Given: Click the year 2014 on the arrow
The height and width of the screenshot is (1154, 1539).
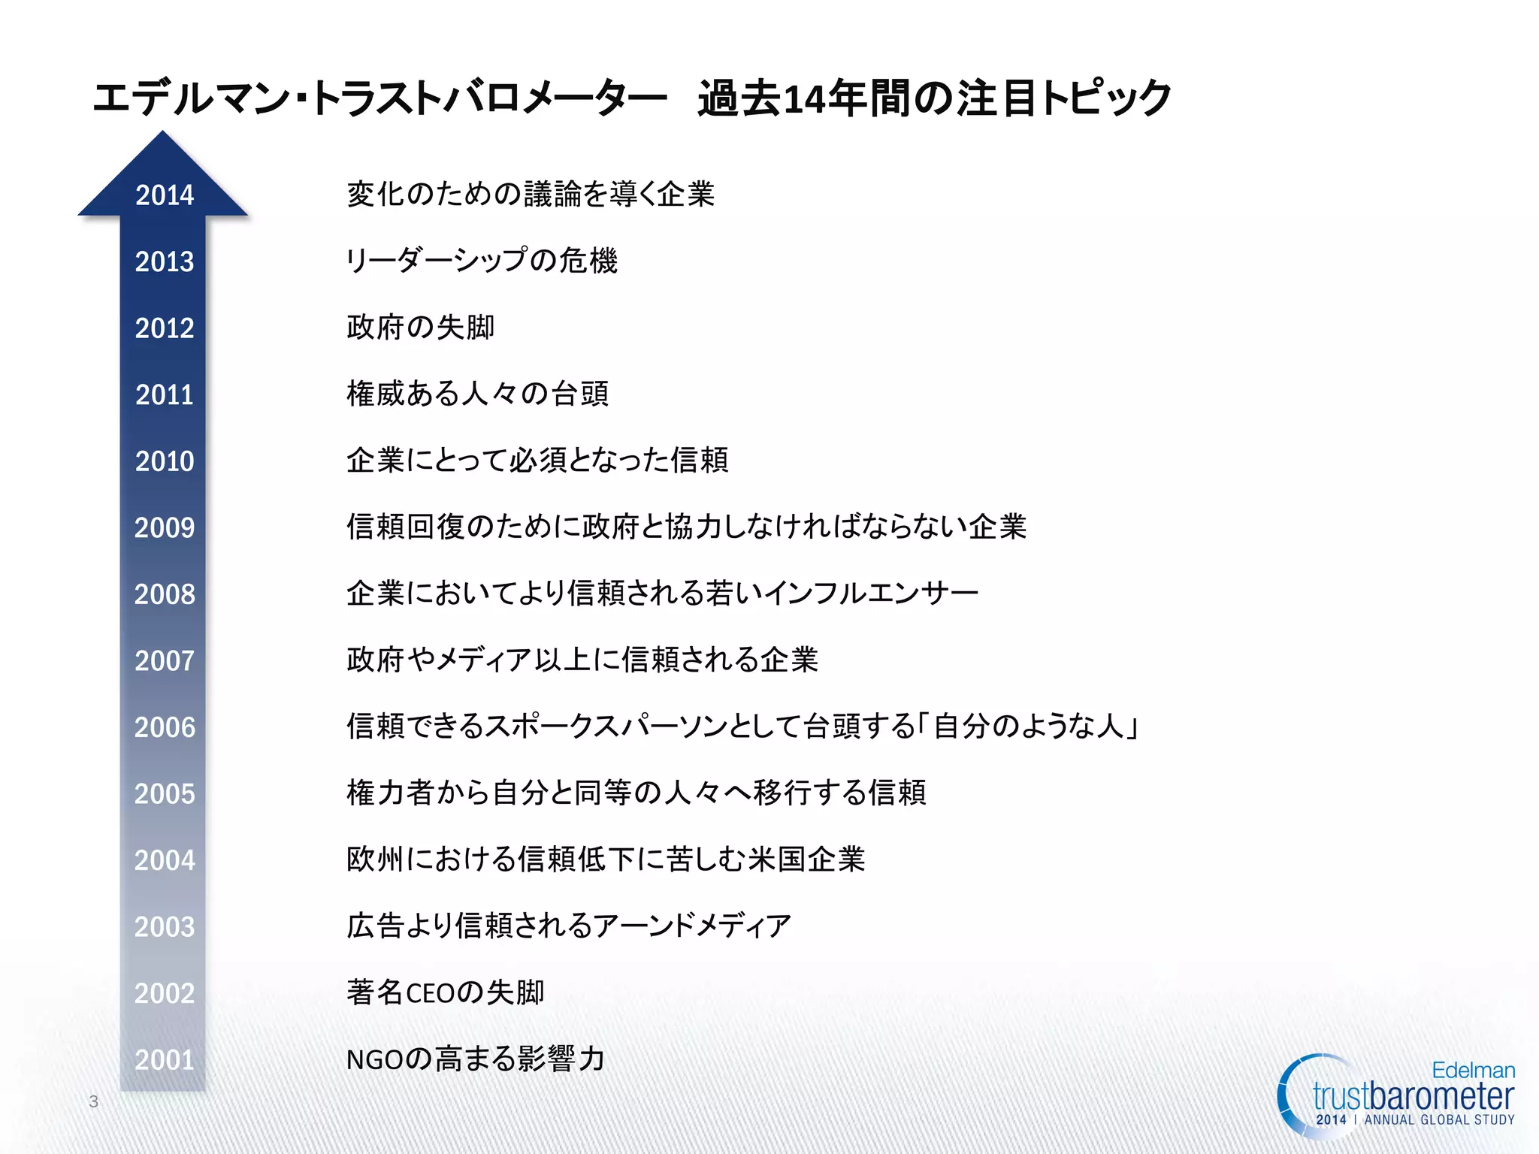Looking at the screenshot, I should pyautogui.click(x=165, y=195).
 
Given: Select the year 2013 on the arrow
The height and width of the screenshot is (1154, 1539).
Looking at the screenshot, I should pyautogui.click(x=165, y=261).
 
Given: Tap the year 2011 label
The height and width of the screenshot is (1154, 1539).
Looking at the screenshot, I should pyautogui.click(x=165, y=394).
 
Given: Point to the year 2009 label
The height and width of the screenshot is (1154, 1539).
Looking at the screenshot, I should pyautogui.click(x=165, y=527).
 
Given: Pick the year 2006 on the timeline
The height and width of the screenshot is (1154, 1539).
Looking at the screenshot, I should pyautogui.click(x=165, y=727).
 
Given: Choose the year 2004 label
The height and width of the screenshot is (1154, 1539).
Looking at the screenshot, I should pyautogui.click(x=165, y=860).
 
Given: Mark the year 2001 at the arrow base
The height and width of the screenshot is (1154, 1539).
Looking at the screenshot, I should pyautogui.click(x=165, y=1059).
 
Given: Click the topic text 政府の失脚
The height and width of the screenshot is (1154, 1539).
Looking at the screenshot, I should pyautogui.click(x=421, y=328).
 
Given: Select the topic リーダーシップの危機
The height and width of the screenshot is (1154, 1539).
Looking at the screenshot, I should pyautogui.click(x=482, y=261).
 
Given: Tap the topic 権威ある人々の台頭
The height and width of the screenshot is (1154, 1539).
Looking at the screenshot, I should pyautogui.click(x=478, y=394).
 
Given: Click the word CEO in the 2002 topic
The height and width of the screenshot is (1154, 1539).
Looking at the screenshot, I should pyautogui.click(x=430, y=993).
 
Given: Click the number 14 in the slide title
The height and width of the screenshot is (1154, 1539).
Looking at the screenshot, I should pyautogui.click(x=804, y=99).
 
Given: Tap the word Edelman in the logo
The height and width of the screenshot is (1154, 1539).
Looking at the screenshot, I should pyautogui.click(x=1473, y=1070).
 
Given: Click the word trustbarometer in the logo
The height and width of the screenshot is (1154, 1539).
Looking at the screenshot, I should pyautogui.click(x=1413, y=1097).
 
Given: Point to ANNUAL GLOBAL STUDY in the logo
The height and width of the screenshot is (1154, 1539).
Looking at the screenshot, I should pyautogui.click(x=1439, y=1119).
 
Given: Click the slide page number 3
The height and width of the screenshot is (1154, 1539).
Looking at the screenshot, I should pyautogui.click(x=94, y=1101).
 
